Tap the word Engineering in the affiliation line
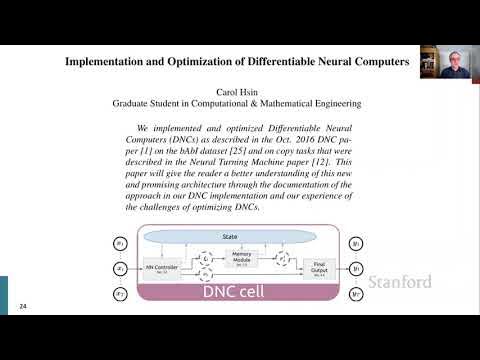pyautogui.click(x=327, y=102)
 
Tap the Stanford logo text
pyautogui.click(x=400, y=282)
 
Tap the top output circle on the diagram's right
pyautogui.click(x=356, y=243)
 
